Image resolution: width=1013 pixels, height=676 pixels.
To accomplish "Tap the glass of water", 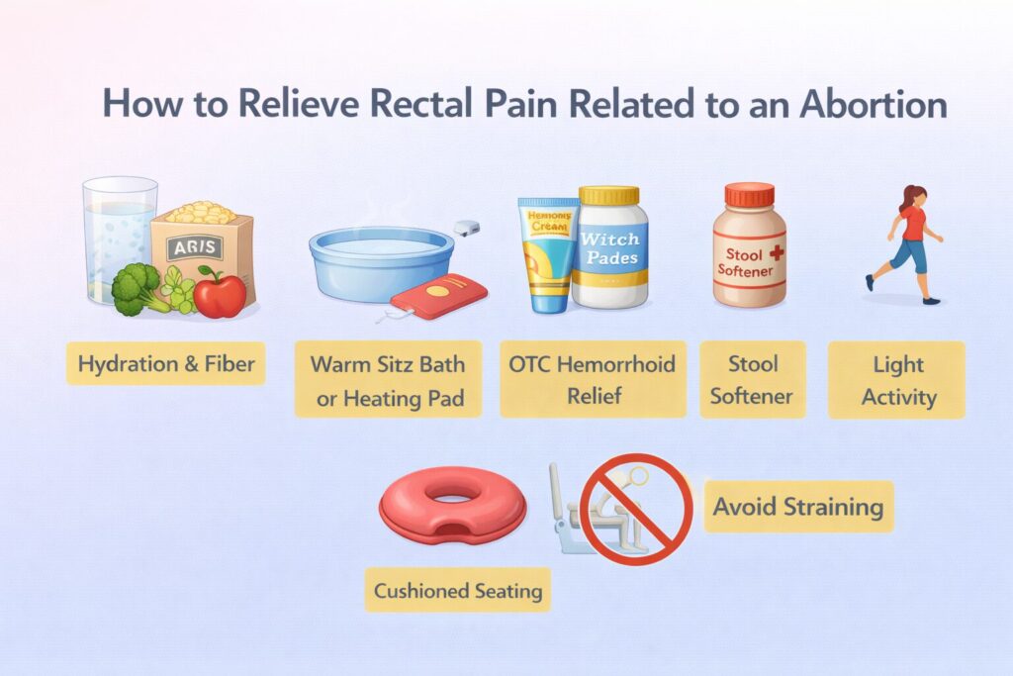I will (119, 238).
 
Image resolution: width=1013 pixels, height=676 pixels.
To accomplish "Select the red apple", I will (221, 293).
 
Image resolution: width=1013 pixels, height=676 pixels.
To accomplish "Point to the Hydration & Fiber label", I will (166, 364).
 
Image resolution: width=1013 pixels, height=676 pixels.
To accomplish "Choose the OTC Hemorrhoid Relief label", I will (593, 378).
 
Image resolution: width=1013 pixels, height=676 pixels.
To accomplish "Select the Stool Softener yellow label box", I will (753, 378).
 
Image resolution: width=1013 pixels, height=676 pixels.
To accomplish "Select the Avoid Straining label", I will (797, 507).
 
